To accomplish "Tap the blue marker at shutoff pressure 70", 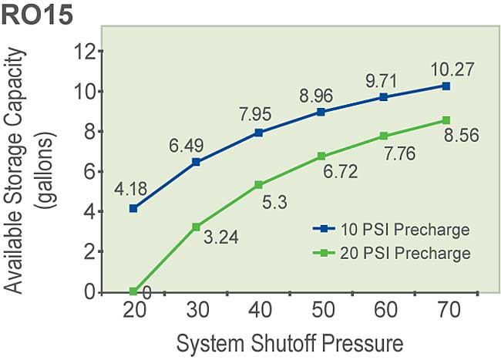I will [x=446, y=86].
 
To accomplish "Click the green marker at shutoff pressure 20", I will [x=134, y=291].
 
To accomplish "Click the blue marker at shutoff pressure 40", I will [x=258, y=133].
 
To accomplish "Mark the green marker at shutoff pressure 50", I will [x=321, y=156].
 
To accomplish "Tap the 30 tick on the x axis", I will [x=196, y=313].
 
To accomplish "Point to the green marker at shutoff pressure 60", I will [x=383, y=136].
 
